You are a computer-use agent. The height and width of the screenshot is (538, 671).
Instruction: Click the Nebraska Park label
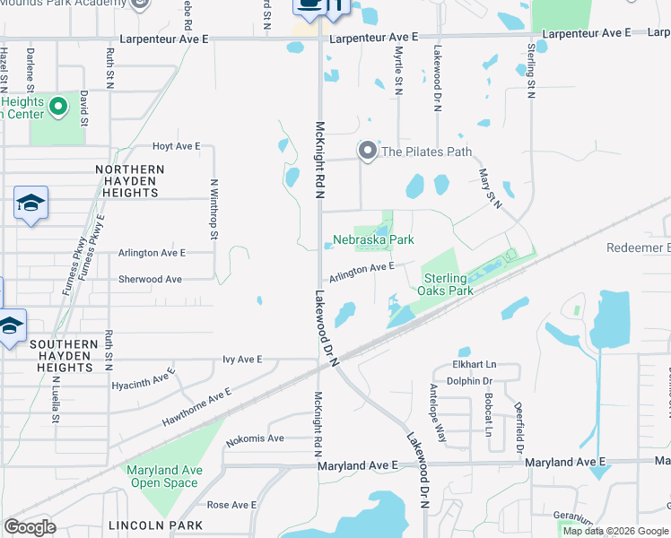374,240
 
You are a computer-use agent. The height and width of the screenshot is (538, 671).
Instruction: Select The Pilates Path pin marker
368,152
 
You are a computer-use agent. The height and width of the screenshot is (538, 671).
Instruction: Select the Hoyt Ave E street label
176,146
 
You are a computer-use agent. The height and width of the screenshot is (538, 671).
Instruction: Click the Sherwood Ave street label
150,280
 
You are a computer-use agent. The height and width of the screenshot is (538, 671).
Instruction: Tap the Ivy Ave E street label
242,360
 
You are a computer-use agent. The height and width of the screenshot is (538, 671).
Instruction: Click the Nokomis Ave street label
255,438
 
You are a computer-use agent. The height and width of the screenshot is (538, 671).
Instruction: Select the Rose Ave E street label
232,505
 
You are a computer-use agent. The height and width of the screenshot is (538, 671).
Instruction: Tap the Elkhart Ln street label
474,366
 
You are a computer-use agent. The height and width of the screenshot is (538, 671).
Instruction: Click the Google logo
30,527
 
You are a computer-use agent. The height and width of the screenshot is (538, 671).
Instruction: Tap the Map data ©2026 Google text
614,531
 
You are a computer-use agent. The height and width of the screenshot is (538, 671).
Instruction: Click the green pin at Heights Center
59,108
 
